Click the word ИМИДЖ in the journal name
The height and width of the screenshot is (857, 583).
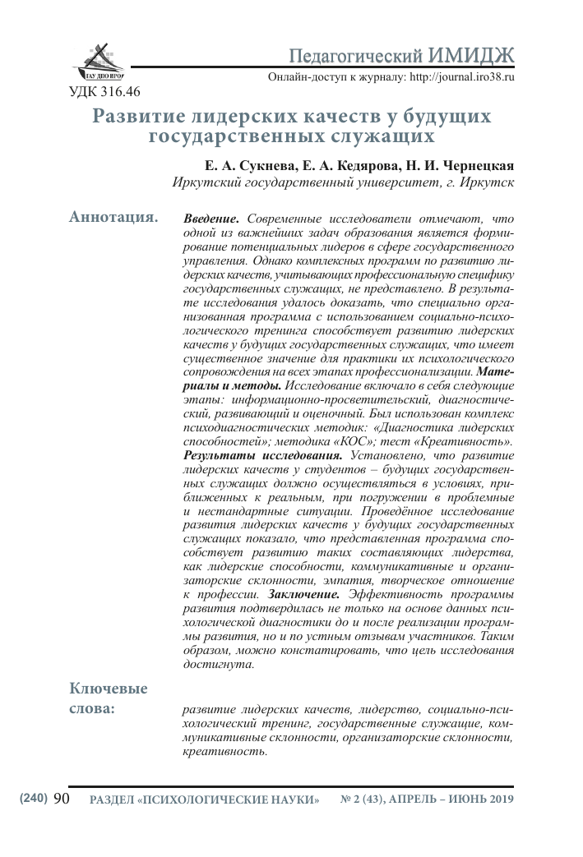click(471, 55)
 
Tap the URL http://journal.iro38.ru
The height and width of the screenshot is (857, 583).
click(455, 76)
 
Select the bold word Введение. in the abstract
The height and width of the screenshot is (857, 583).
click(211, 219)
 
